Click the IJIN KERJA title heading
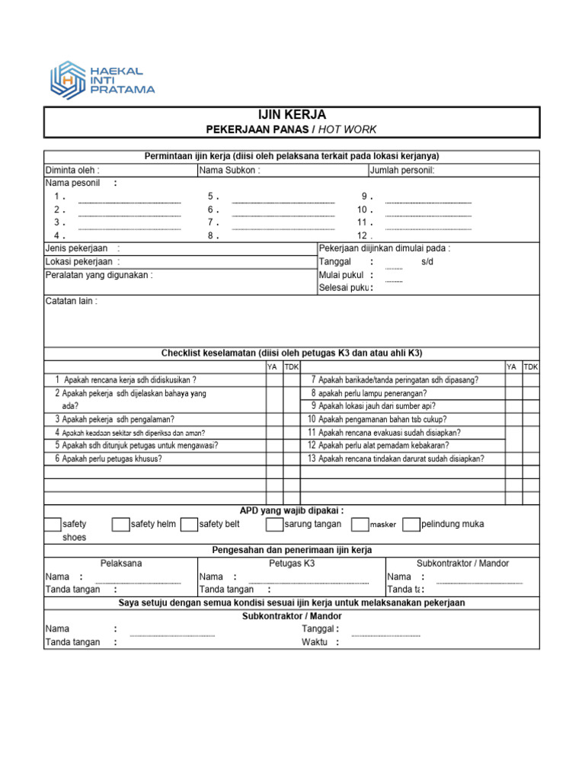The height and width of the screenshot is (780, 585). tap(292, 115)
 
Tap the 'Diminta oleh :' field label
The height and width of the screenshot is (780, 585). tap(72, 170)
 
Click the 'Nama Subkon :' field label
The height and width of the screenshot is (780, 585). tap(229, 170)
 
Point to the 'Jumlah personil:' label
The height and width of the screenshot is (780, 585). tap(401, 170)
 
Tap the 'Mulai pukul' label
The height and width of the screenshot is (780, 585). tap(342, 275)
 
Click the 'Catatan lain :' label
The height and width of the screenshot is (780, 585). tap(72, 301)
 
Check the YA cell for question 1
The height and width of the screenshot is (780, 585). tap(273, 379)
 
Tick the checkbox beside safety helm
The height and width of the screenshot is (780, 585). tap(120, 524)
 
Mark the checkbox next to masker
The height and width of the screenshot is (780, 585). tap(360, 524)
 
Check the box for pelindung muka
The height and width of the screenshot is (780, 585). tap(411, 524)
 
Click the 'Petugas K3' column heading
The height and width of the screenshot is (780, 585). tap(292, 563)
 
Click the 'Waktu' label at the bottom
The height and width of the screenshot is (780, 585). tap(315, 642)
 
